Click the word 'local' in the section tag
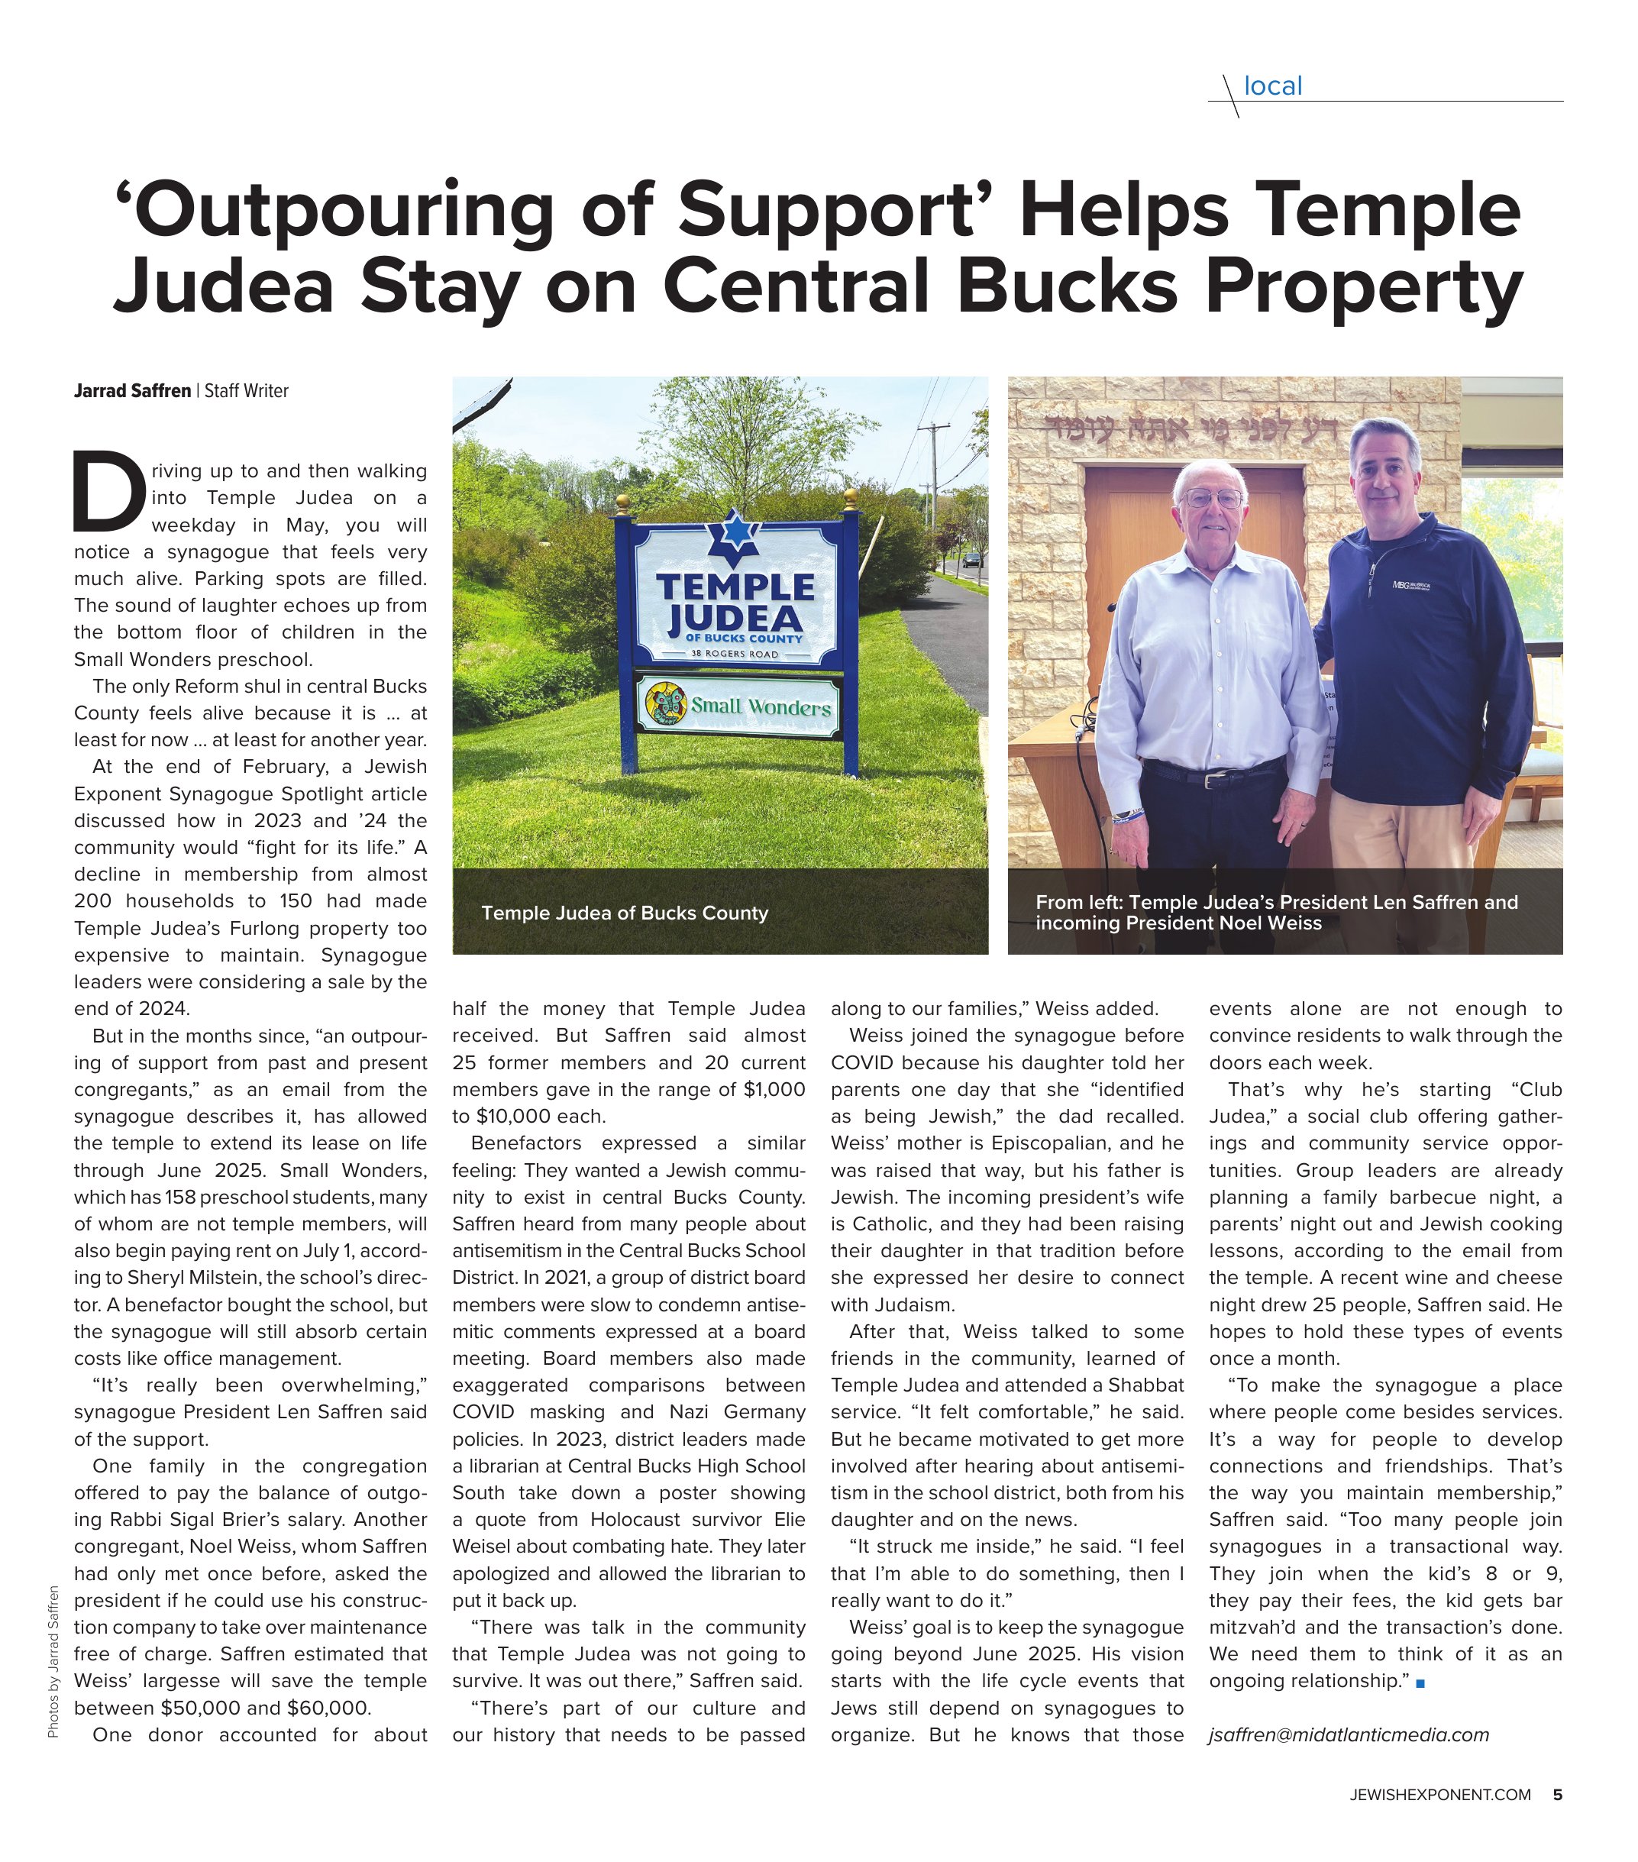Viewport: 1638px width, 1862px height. point(1273,86)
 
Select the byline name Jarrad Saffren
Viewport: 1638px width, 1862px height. point(132,391)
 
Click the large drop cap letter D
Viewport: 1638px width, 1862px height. point(108,491)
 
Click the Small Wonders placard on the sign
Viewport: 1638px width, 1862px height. point(737,704)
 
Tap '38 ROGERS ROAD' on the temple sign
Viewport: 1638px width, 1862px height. point(735,654)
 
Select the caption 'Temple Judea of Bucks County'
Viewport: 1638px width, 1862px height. point(624,913)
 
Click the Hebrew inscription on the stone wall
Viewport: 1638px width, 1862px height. point(1194,425)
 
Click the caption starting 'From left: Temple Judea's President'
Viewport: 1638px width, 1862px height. point(1275,912)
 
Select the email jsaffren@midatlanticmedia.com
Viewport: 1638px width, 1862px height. point(1349,1734)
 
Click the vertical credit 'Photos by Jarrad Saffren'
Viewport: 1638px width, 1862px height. point(53,1660)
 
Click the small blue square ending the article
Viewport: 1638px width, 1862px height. point(1420,1683)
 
